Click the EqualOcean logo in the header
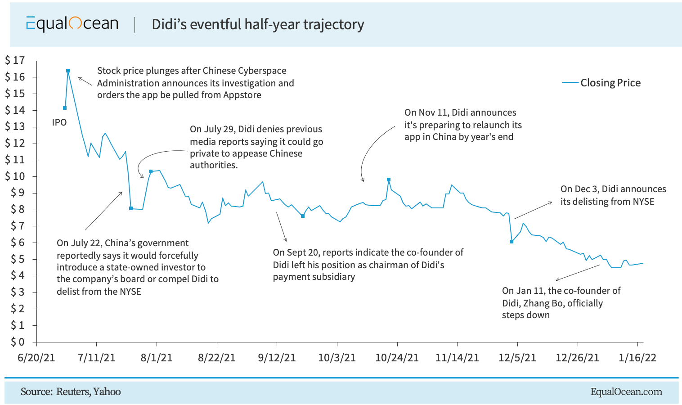(x=72, y=24)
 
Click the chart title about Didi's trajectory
(x=258, y=24)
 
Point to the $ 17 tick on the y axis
(x=15, y=60)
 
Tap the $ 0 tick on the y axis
(x=15, y=342)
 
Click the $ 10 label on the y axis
(x=15, y=176)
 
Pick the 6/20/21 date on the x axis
(x=36, y=358)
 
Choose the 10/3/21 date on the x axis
(x=337, y=358)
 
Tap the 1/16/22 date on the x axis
(x=637, y=358)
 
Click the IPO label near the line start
(x=59, y=122)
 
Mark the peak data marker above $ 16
(x=68, y=71)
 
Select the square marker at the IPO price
(x=65, y=108)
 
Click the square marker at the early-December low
(x=511, y=242)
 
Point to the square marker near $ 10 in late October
(x=389, y=180)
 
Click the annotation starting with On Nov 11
(x=463, y=125)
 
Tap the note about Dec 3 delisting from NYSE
(x=613, y=195)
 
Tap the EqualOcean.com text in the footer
(x=626, y=391)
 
